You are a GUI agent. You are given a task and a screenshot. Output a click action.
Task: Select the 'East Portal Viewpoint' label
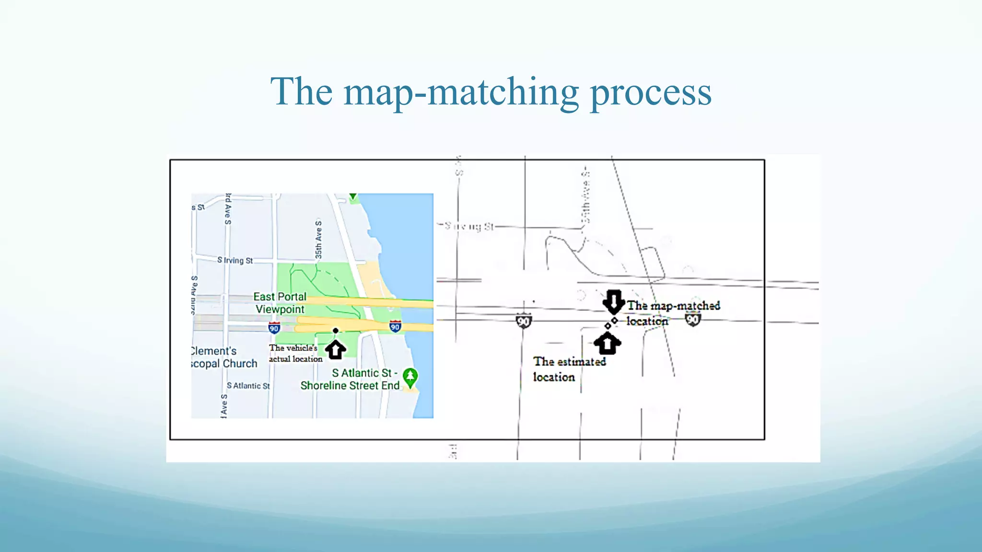(x=280, y=303)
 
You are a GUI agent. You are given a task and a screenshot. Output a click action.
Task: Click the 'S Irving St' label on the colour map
(x=235, y=260)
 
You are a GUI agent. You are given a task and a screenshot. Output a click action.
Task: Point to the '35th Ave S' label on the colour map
(x=319, y=239)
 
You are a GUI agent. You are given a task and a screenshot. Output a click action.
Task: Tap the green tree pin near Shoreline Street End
(x=410, y=377)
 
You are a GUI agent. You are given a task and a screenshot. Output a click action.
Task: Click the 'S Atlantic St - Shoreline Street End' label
(x=350, y=379)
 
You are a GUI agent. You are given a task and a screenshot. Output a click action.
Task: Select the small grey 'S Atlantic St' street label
(x=248, y=386)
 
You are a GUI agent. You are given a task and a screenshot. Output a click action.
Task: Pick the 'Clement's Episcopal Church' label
(x=223, y=357)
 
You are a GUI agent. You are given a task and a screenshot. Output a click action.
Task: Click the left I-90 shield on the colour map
(x=274, y=328)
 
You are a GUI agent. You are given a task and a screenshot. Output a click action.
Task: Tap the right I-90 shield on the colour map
(x=395, y=327)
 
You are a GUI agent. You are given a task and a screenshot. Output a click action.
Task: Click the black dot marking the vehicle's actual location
(x=336, y=331)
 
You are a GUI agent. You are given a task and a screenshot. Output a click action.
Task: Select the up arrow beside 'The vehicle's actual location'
(x=336, y=349)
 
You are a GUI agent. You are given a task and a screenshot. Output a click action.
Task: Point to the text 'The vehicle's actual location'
(x=295, y=353)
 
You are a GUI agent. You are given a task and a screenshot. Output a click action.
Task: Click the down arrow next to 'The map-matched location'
(x=613, y=301)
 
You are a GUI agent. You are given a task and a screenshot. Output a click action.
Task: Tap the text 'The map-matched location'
(x=673, y=313)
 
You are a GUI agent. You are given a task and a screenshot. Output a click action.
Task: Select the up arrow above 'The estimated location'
(x=607, y=343)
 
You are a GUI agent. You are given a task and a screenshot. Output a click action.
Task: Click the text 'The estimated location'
(x=569, y=369)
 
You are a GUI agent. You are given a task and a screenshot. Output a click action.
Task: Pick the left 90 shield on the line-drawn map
(x=524, y=322)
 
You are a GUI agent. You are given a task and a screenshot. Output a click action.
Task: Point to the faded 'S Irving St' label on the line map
(x=469, y=226)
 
